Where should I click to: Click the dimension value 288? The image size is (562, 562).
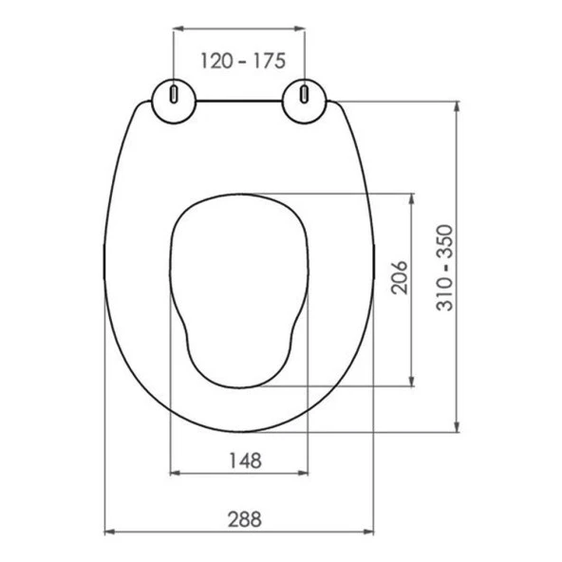pyautogui.click(x=243, y=519)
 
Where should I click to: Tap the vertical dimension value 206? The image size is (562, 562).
pyautogui.click(x=399, y=277)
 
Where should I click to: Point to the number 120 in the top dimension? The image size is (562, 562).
pyautogui.click(x=215, y=61)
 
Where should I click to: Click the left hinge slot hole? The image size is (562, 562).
pyautogui.click(x=175, y=95)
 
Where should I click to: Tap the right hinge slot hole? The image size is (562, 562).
pyautogui.click(x=304, y=95)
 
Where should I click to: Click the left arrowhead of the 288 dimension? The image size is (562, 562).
pyautogui.click(x=107, y=532)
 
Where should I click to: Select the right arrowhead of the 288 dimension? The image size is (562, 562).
pyautogui.click(x=372, y=532)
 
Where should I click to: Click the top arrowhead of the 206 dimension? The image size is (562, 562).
pyautogui.click(x=413, y=200)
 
